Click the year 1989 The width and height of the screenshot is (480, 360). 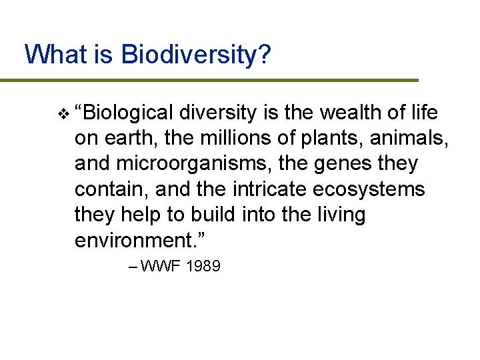[203, 267]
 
